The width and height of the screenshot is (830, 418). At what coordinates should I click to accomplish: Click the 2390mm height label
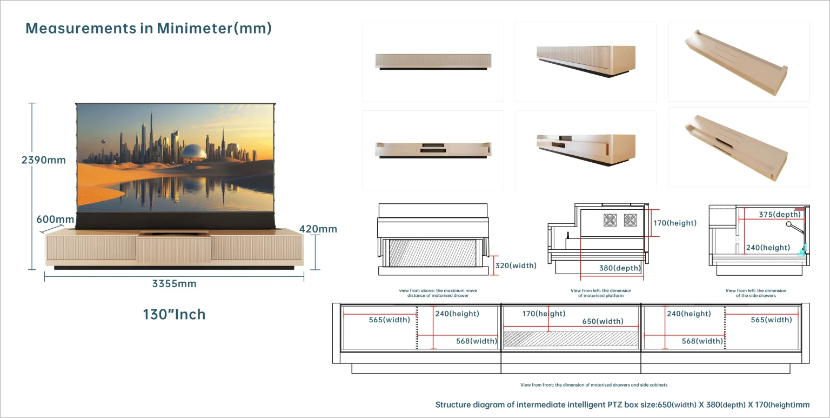[44, 160]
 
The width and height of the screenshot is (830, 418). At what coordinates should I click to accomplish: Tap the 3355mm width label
[174, 284]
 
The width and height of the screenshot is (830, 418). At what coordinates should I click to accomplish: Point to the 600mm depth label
[55, 219]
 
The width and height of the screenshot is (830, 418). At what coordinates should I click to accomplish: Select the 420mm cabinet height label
[318, 229]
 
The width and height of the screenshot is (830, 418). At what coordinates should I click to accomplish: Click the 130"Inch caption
[174, 315]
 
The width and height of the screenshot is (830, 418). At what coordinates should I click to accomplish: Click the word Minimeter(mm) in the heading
[214, 29]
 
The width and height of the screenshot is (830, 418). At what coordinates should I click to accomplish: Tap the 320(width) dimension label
[516, 266]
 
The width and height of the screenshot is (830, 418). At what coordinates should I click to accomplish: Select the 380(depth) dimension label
[620, 268]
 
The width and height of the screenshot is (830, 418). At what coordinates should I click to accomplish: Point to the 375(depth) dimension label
[780, 214]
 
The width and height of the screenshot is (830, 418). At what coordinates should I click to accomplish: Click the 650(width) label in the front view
[603, 321]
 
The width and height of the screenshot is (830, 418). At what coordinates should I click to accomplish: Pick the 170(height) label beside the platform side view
[675, 223]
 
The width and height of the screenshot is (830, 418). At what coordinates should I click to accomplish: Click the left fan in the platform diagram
[610, 220]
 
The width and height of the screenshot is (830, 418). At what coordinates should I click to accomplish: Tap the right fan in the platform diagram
[630, 220]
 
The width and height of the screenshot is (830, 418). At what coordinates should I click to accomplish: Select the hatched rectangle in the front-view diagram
[571, 339]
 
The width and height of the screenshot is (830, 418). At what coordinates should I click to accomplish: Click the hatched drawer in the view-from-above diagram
[432, 253]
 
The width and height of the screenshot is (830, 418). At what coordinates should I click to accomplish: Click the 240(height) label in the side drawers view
[768, 247]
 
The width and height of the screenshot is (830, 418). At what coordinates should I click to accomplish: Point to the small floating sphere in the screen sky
[103, 141]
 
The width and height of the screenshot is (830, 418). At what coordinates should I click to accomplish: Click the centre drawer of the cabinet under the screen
[173, 250]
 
